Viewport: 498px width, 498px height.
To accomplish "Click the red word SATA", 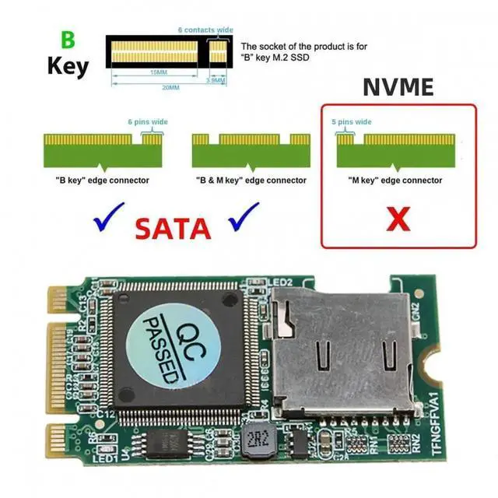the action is pyautogui.click(x=174, y=228).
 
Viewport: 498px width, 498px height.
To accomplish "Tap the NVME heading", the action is pyautogui.click(x=398, y=87).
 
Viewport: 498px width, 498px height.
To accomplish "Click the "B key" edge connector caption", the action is pyautogui.click(x=103, y=181).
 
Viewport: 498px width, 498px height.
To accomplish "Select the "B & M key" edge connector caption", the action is pyautogui.click(x=251, y=181).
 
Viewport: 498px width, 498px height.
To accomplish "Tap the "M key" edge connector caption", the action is pyautogui.click(x=395, y=181).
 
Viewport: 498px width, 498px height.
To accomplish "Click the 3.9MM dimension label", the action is pyautogui.click(x=216, y=79).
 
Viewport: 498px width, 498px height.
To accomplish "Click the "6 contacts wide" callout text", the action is pyautogui.click(x=205, y=30).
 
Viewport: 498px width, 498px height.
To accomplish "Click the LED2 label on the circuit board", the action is pyautogui.click(x=280, y=282).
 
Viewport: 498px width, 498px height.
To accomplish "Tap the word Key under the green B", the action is pyautogui.click(x=68, y=65).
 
